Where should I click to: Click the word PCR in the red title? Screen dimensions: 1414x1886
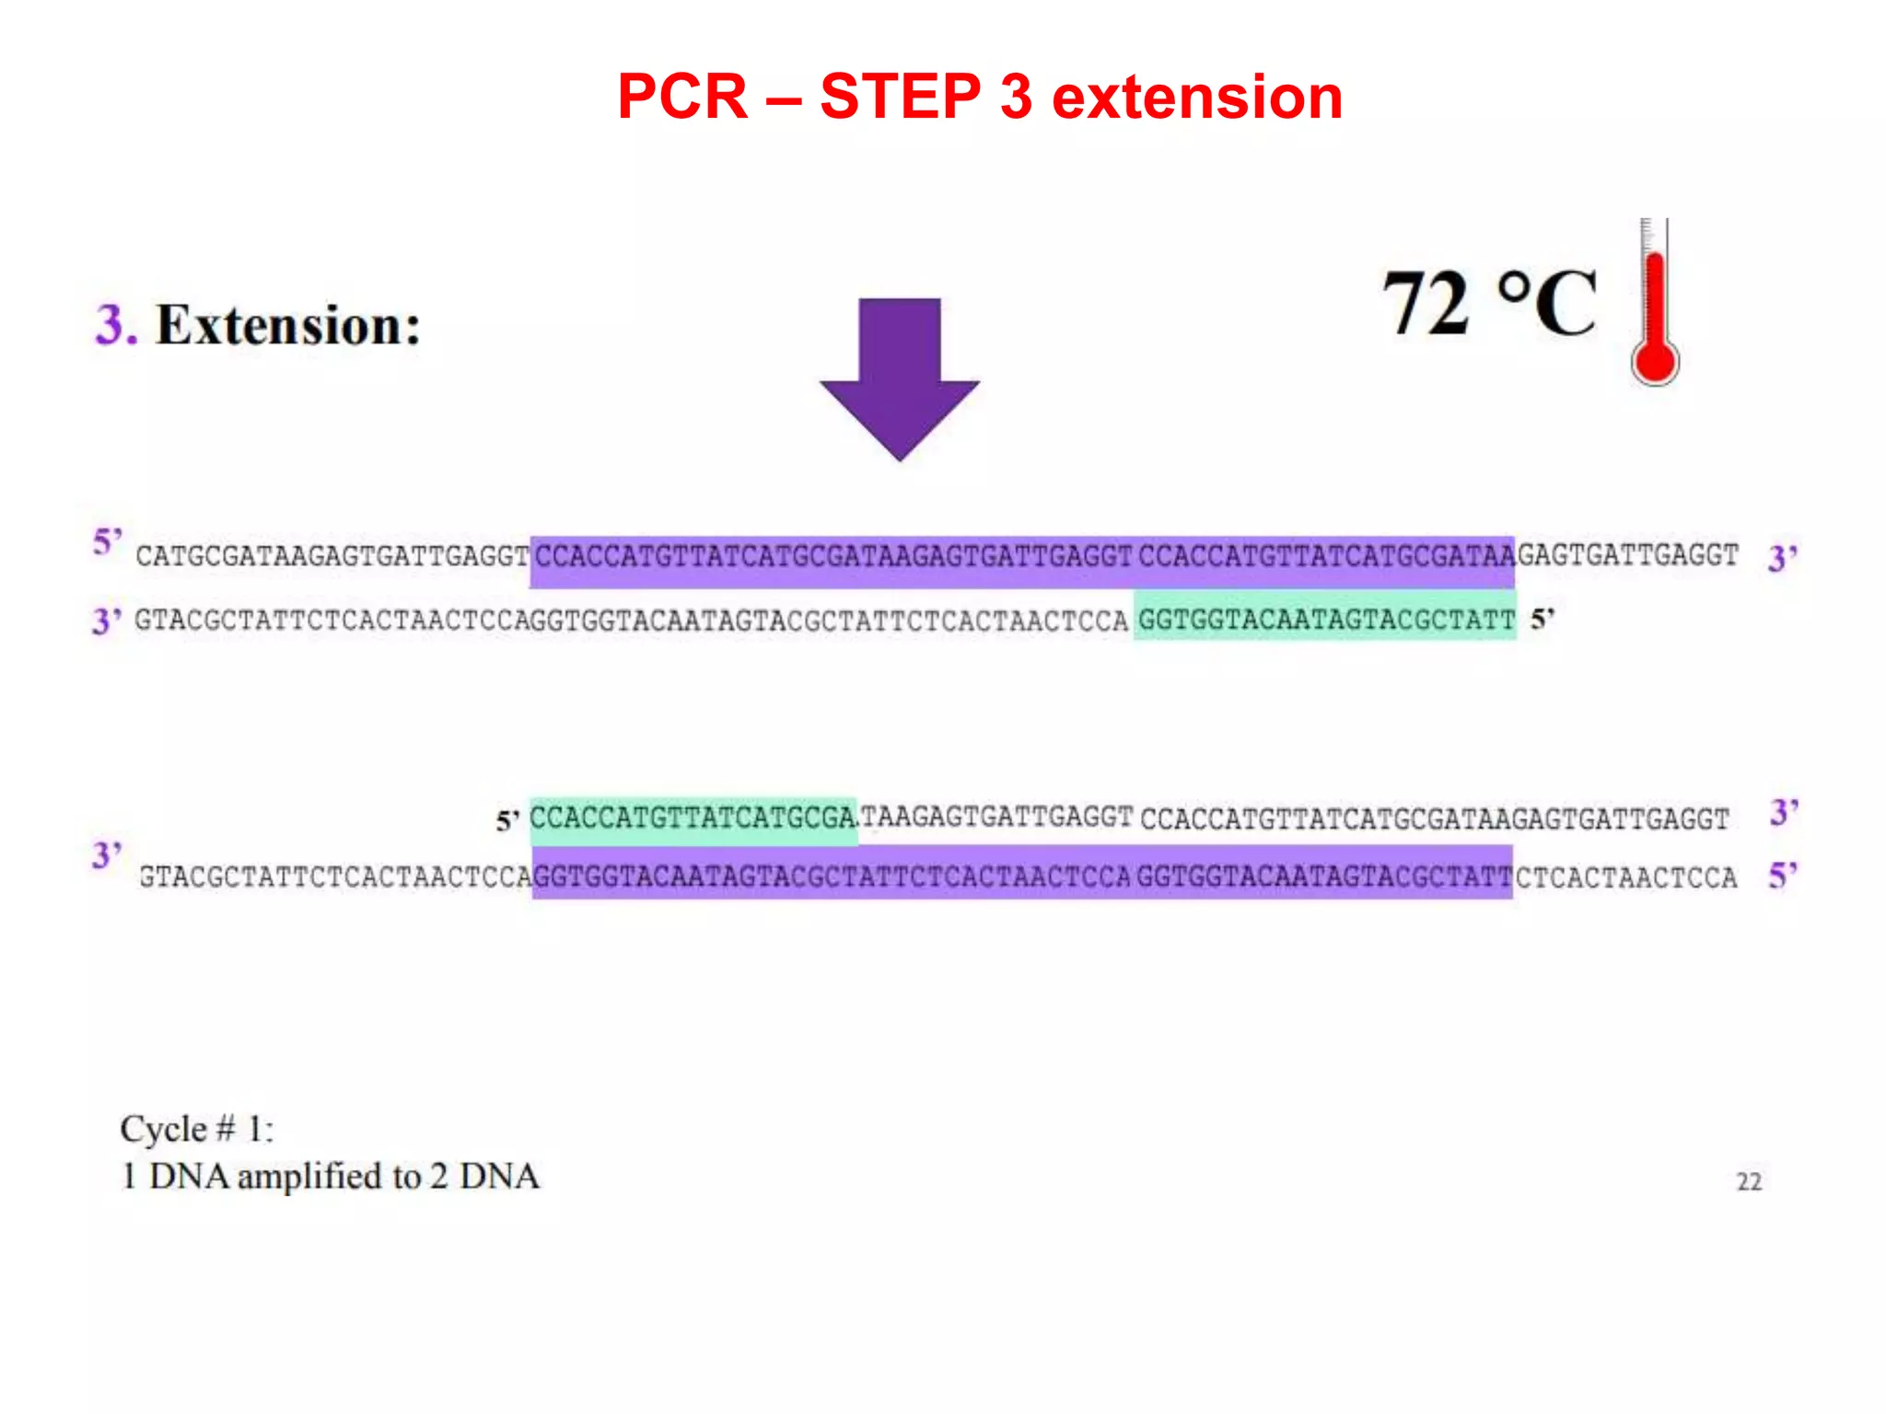tap(682, 97)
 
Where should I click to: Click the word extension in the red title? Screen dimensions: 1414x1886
tap(1196, 97)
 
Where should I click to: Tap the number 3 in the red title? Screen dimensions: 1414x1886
tap(1015, 97)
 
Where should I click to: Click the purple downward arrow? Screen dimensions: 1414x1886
tap(900, 377)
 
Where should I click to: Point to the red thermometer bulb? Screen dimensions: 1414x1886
tap(1655, 362)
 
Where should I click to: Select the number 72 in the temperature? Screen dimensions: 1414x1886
tap(1426, 304)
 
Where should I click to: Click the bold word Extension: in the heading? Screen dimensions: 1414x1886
tap(288, 325)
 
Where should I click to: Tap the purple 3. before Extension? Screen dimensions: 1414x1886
tap(116, 325)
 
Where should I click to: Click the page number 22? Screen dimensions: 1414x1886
tap(1749, 1182)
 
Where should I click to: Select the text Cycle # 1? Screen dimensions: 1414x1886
tap(197, 1129)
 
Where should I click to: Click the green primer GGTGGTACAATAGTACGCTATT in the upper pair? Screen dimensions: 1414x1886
tap(1325, 620)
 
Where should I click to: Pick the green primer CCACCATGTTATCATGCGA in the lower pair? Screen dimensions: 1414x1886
tap(693, 818)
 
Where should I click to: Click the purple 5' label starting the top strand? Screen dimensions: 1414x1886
tap(108, 542)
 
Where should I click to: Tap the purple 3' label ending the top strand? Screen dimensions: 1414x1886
tap(1783, 558)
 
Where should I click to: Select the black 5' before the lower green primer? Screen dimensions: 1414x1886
tap(507, 820)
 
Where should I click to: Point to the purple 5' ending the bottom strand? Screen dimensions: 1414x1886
tap(1783, 875)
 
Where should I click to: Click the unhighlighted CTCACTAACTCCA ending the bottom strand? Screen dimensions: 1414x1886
tap(1626, 877)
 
